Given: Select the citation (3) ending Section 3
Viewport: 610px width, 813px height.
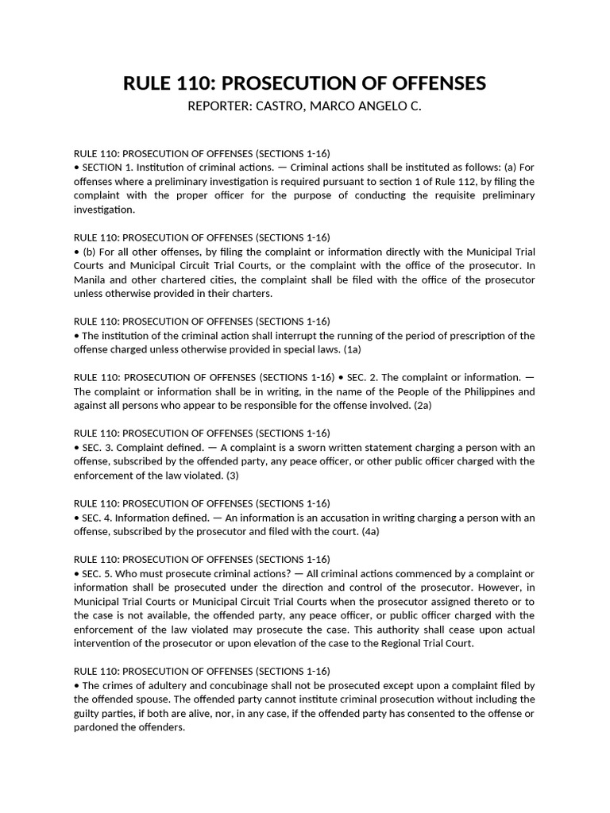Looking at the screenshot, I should (x=232, y=476).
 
